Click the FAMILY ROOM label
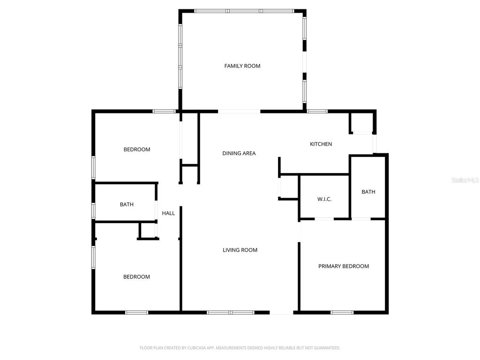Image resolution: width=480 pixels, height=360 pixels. [x=242, y=66]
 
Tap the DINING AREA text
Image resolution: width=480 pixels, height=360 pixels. [x=239, y=153]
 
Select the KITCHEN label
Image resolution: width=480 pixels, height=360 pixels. [x=321, y=144]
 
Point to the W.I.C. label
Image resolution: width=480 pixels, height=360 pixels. [x=324, y=199]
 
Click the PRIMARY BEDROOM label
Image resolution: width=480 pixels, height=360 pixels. [x=343, y=266]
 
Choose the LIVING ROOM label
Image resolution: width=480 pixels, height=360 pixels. [x=240, y=250]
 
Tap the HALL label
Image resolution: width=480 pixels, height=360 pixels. [x=168, y=213]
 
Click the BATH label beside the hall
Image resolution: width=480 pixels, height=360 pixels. [x=127, y=204]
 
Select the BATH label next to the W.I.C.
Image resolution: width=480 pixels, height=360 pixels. [x=368, y=192]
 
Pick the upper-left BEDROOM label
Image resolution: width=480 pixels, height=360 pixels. [x=137, y=150]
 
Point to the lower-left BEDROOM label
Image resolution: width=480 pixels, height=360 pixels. [x=136, y=277]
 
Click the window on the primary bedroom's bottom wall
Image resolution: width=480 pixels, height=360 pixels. [x=342, y=312]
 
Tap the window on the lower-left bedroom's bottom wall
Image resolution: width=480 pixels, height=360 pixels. [x=136, y=312]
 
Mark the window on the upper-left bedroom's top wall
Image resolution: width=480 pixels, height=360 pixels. [x=164, y=111]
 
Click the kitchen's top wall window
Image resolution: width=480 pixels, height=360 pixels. [x=317, y=111]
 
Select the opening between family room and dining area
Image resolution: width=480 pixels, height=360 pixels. [x=239, y=112]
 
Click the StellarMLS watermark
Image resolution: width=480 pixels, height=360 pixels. [x=465, y=180]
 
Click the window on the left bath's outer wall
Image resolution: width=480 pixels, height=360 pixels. [x=94, y=211]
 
